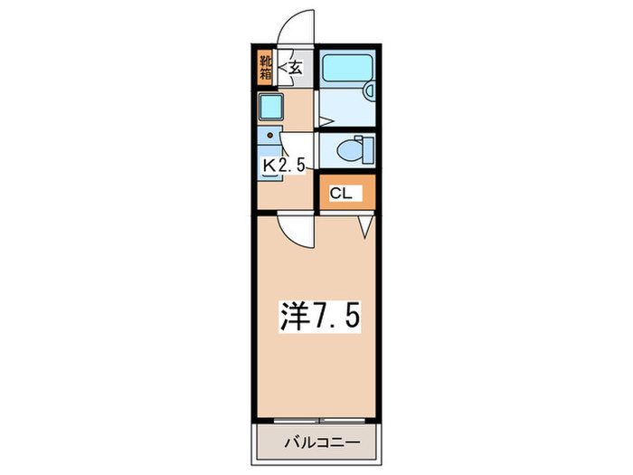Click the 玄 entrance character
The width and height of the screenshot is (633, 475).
click(295, 66)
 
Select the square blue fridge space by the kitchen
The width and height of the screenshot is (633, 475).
click(271, 108)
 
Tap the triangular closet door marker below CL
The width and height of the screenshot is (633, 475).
click(365, 227)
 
